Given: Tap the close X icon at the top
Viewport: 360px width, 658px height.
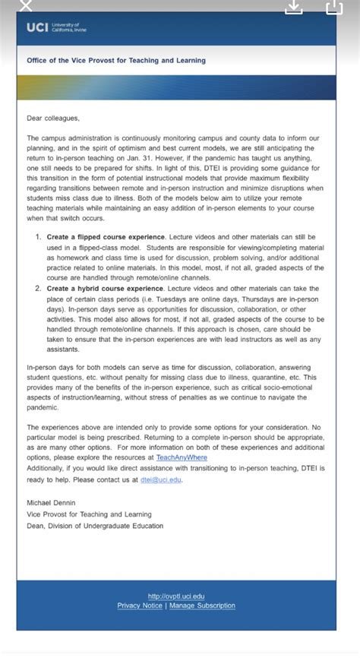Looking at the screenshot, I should [x=25, y=6].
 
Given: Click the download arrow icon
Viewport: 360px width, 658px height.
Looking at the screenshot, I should [x=294, y=7].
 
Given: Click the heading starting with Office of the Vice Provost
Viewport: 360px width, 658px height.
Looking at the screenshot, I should [x=115, y=61].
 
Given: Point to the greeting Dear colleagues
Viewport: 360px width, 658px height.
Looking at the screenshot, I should [x=52, y=118].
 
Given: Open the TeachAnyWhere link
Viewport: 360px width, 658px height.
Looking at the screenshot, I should [x=182, y=457].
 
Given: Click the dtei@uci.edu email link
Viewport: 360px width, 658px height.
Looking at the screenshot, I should [x=161, y=479].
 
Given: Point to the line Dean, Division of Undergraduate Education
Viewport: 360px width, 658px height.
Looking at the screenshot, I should [x=94, y=526].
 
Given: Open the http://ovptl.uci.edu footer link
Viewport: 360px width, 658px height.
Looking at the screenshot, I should [x=176, y=596].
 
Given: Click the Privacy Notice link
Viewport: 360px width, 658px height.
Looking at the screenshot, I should [x=140, y=606].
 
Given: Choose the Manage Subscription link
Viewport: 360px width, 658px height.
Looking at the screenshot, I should [x=202, y=606].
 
